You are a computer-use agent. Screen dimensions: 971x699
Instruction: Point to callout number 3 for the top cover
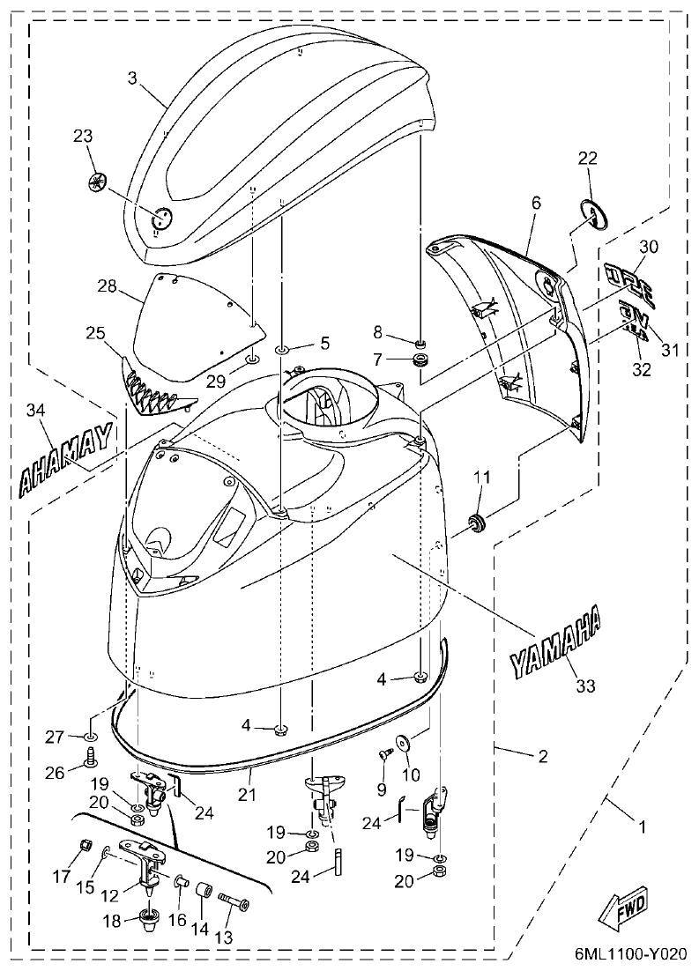click(x=132, y=78)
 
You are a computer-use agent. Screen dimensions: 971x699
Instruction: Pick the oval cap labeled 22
click(x=595, y=214)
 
